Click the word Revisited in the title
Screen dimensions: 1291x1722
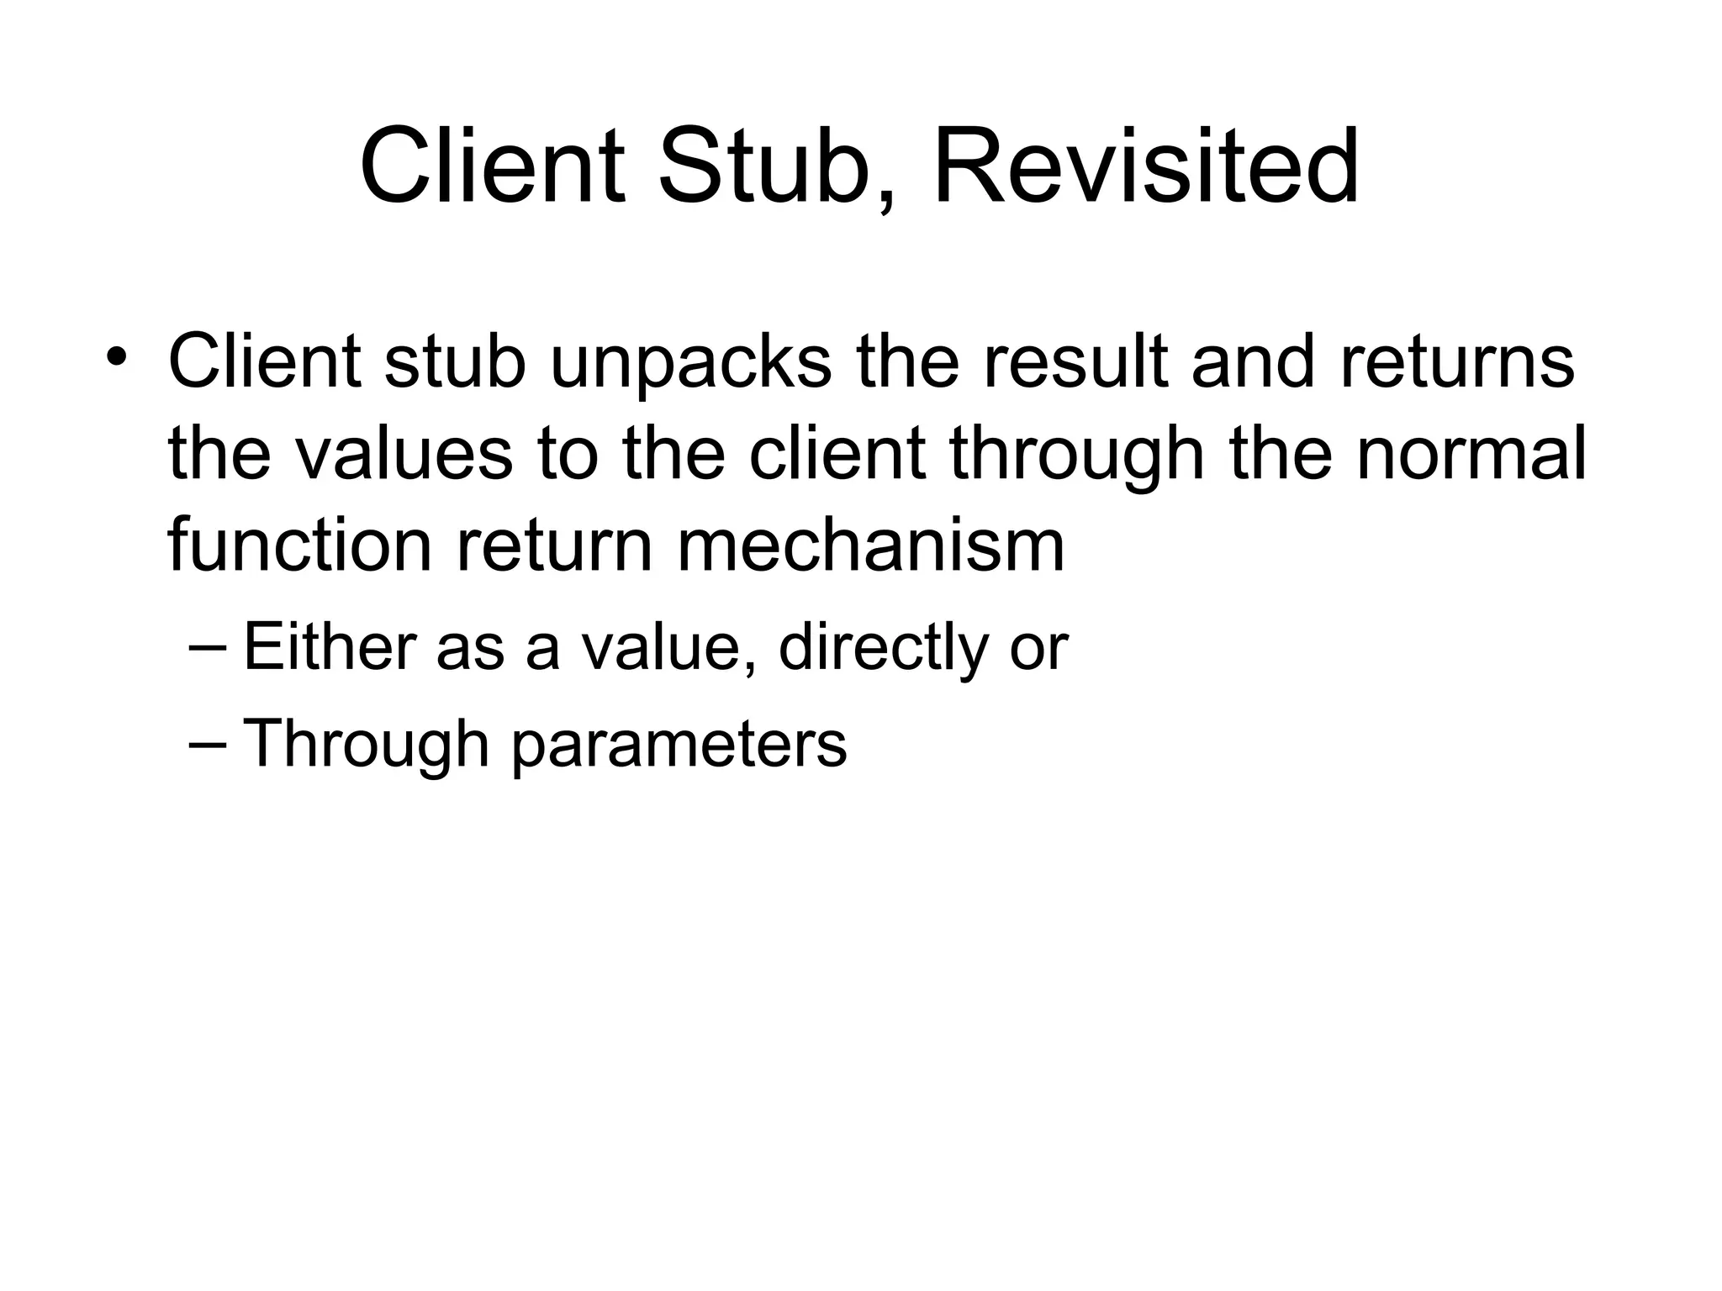coord(1146,166)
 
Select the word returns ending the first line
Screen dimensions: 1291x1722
coord(1457,363)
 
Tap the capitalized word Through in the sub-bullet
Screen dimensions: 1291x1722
coord(366,745)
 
